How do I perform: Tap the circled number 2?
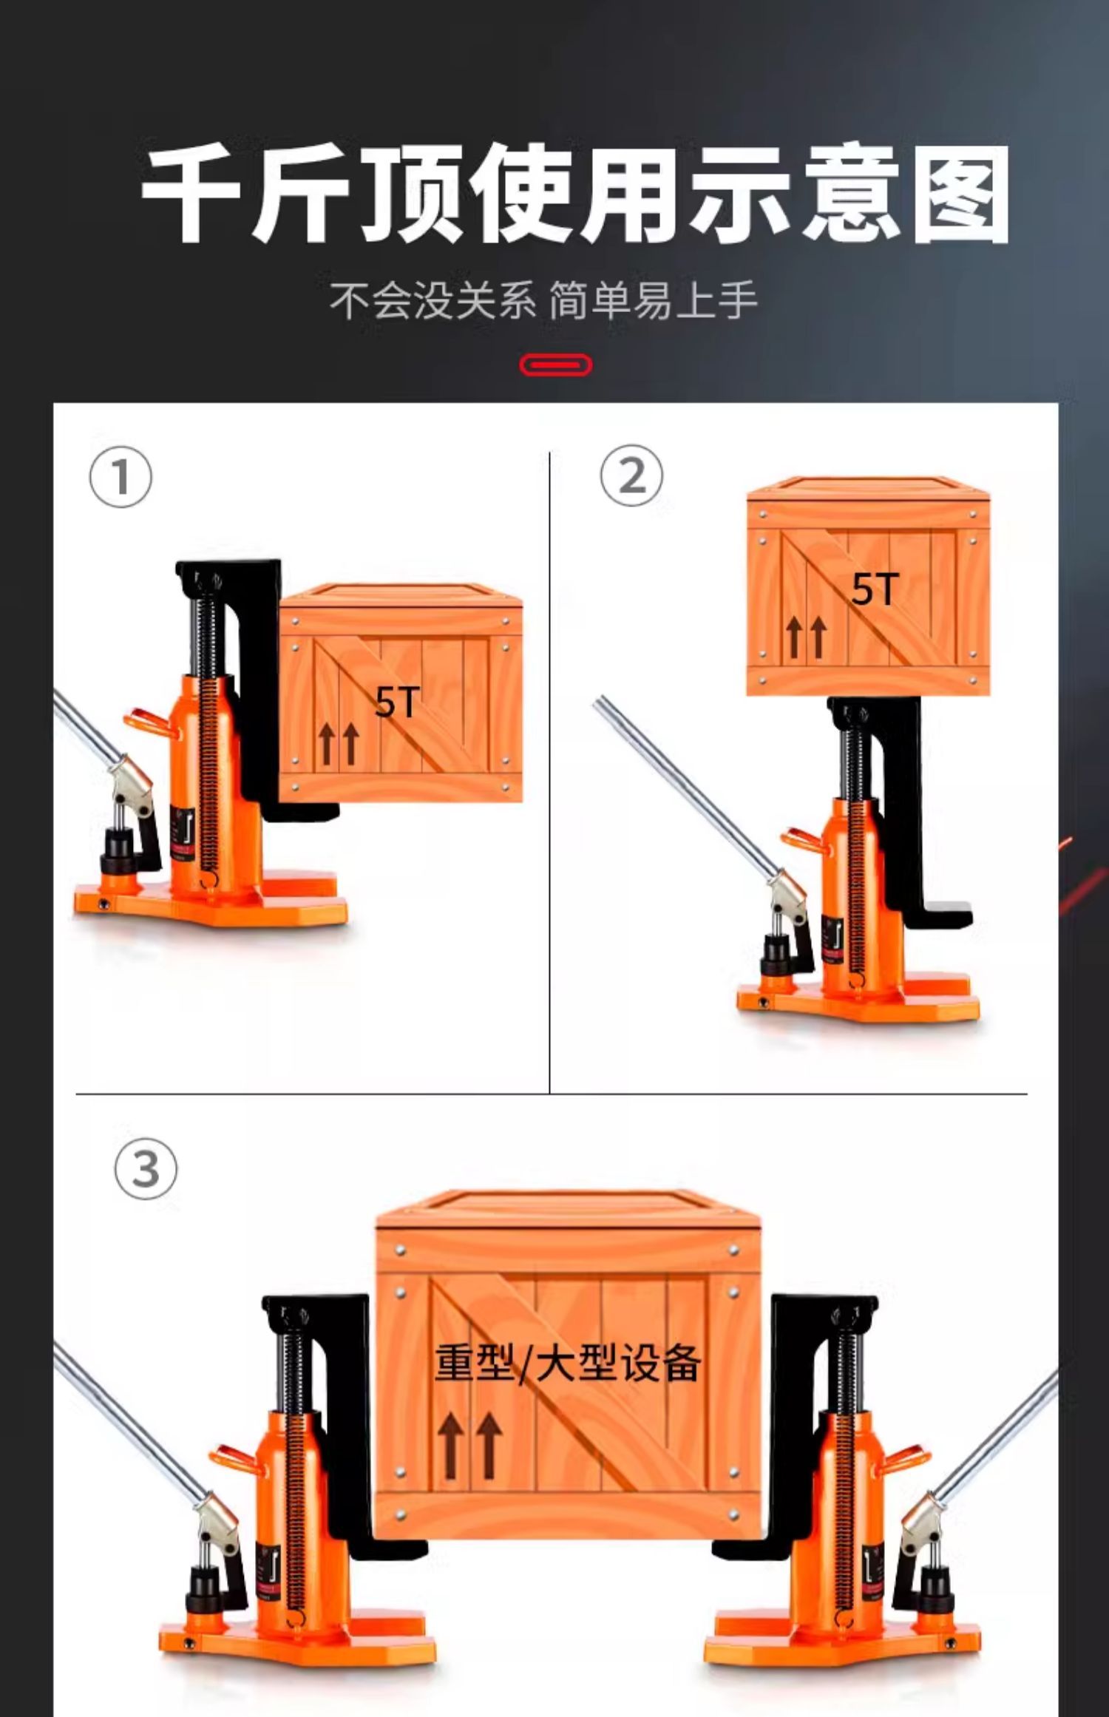click(x=631, y=475)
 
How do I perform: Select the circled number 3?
click(x=146, y=1168)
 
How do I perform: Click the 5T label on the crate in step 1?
click(x=397, y=702)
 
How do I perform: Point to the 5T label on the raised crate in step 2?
click(x=875, y=589)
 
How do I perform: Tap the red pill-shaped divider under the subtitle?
click(x=555, y=365)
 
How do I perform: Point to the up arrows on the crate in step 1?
click(x=339, y=743)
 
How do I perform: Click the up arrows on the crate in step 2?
click(x=806, y=637)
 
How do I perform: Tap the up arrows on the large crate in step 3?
click(x=469, y=1445)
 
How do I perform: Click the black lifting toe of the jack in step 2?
click(x=935, y=915)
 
